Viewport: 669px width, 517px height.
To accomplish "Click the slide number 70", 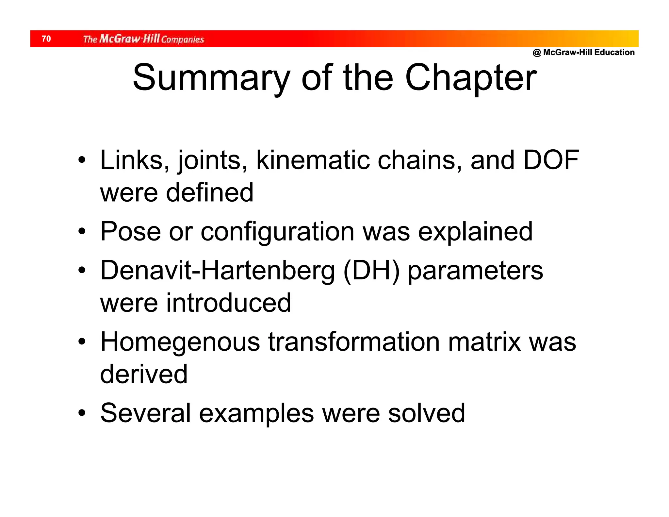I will [x=46, y=39].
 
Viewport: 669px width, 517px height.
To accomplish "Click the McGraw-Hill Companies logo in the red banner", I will [x=143, y=39].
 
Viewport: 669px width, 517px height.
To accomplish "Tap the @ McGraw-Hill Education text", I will [x=583, y=52].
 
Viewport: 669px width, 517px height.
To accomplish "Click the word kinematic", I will [x=313, y=160].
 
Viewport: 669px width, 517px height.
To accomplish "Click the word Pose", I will [x=131, y=231].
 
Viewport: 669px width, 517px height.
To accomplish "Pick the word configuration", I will [x=277, y=231].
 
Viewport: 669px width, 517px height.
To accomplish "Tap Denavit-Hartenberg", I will [x=218, y=271].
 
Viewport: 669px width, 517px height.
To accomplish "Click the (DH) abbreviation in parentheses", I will [x=371, y=271].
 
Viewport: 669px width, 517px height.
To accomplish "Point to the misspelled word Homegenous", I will [x=180, y=342].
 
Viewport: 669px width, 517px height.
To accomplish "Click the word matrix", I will [x=484, y=342].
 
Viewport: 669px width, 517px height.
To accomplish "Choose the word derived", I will [x=144, y=374].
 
